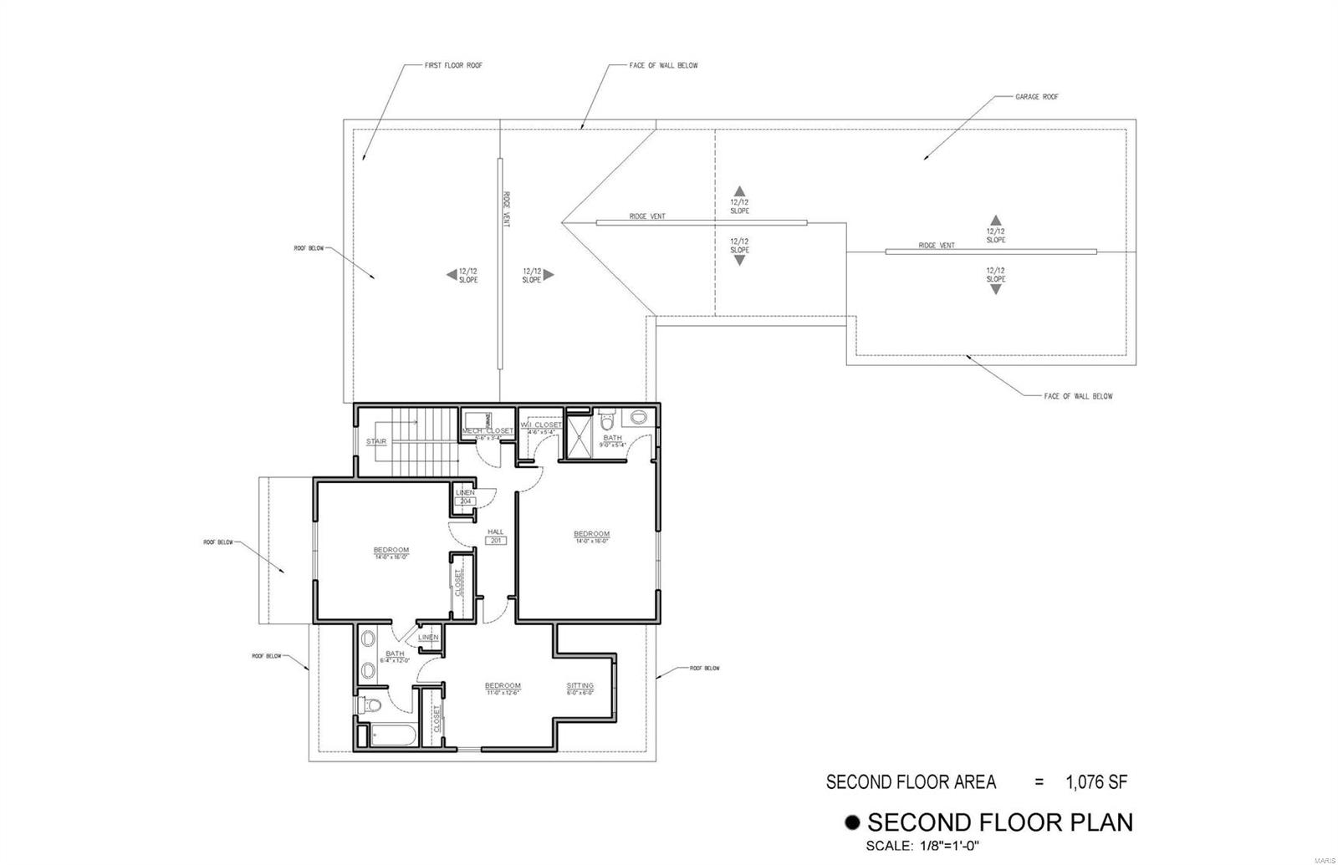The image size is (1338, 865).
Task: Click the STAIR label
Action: pyautogui.click(x=375, y=441)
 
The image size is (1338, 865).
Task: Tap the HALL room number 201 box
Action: pyautogui.click(x=497, y=541)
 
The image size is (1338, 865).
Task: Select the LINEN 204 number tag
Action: pyautogui.click(x=466, y=501)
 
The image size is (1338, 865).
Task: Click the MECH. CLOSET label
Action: pyautogui.click(x=488, y=431)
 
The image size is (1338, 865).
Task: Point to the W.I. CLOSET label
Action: pyautogui.click(x=542, y=425)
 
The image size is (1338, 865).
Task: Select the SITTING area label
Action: pyautogui.click(x=580, y=685)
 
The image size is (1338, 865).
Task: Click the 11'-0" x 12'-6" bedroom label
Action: pyautogui.click(x=503, y=686)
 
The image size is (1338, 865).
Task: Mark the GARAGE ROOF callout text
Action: pyautogui.click(x=1037, y=97)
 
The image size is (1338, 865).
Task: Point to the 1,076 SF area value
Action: pyautogui.click(x=1096, y=782)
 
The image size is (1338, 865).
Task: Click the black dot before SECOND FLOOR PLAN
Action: pyautogui.click(x=853, y=822)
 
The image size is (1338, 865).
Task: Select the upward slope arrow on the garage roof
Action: pyautogui.click(x=995, y=219)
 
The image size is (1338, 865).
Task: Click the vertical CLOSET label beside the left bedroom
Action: pyautogui.click(x=458, y=583)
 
